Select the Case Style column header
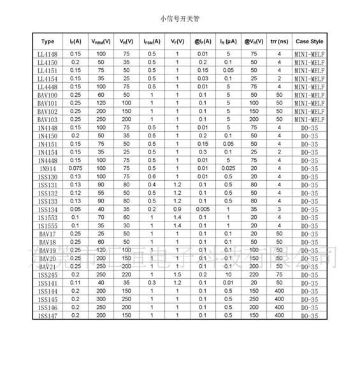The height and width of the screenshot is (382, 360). pyautogui.click(x=310, y=41)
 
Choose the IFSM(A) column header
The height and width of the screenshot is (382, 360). pyautogui.click(x=151, y=41)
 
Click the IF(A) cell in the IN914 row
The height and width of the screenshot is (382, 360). pyautogui.click(x=76, y=168)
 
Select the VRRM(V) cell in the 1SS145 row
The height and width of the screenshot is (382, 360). pyautogui.click(x=101, y=299)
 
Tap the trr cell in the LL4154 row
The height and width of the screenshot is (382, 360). pyautogui.click(x=279, y=78)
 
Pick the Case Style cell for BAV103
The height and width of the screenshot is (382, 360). pyautogui.click(x=310, y=119)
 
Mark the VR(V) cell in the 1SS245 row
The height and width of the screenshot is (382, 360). pyautogui.click(x=126, y=274)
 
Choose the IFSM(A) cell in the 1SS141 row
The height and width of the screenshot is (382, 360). pyautogui.click(x=151, y=283)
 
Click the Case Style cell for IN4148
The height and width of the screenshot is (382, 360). pyautogui.click(x=310, y=127)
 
